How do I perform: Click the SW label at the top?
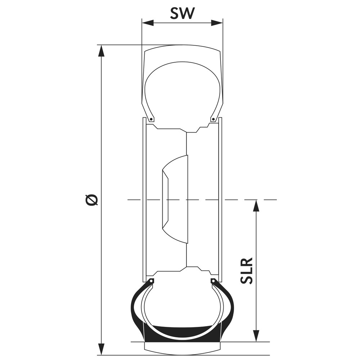click(x=182, y=13)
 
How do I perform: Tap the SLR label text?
click(x=246, y=271)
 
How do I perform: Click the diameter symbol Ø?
click(x=92, y=199)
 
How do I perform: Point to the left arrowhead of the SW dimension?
click(x=148, y=23)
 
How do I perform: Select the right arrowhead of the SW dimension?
click(x=217, y=23)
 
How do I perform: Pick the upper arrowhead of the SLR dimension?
click(x=256, y=205)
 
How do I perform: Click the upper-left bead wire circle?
click(x=151, y=119)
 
